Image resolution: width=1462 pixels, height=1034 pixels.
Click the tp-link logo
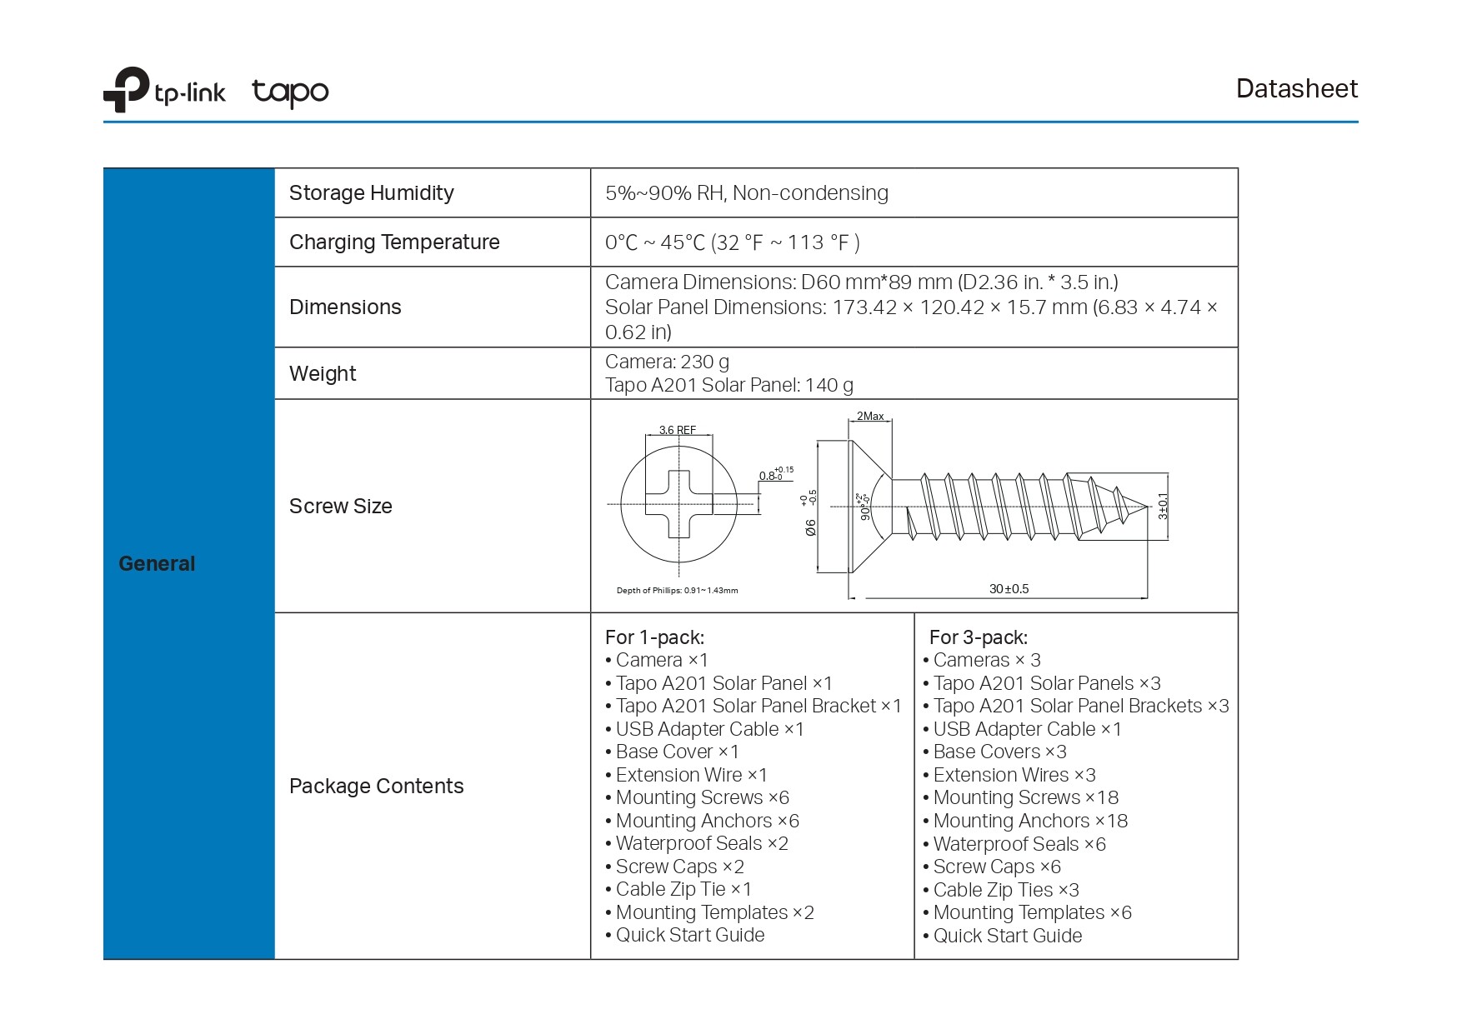tap(163, 90)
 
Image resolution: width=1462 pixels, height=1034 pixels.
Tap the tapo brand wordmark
tap(290, 92)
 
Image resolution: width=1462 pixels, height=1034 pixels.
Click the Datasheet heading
tap(1296, 88)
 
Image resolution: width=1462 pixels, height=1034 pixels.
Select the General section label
tap(157, 563)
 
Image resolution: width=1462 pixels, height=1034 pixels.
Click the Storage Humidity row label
tap(371, 192)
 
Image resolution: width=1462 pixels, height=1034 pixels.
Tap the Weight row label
tap(323, 373)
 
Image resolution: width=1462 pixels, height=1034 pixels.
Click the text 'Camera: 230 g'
tap(667, 362)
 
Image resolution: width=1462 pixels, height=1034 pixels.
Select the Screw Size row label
tap(340, 506)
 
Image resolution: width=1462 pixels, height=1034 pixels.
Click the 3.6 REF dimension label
tap(677, 430)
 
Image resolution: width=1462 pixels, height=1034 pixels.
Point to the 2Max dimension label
tap(870, 416)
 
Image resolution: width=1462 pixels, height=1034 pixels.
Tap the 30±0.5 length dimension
tap(1009, 588)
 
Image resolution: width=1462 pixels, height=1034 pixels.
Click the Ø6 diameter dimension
tap(810, 527)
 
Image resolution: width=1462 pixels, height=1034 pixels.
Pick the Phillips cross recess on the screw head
tap(678, 504)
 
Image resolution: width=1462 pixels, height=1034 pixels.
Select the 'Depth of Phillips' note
tap(677, 590)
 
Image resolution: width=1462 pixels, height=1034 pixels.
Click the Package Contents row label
tap(376, 786)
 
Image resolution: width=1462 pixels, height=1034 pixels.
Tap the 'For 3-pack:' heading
tap(978, 637)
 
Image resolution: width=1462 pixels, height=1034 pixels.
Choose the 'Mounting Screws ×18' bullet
tap(1025, 797)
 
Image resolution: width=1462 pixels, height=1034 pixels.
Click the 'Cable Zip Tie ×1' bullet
tap(683, 889)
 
